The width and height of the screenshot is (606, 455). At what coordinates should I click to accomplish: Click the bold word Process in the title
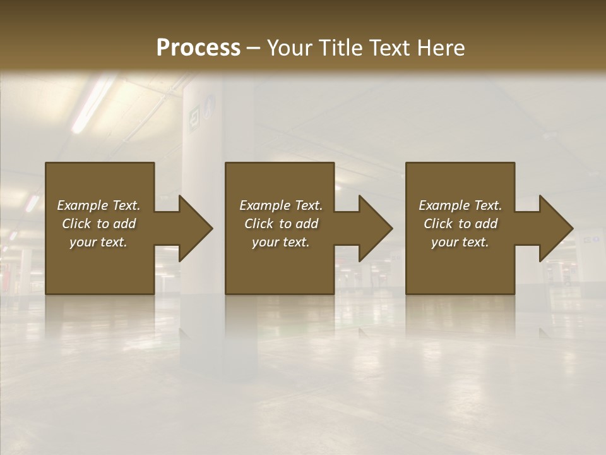point(198,47)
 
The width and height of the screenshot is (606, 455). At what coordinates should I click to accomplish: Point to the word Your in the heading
point(290,48)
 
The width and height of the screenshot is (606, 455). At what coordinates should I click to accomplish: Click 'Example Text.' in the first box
point(99,205)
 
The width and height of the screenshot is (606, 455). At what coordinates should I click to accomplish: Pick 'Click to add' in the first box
point(99,224)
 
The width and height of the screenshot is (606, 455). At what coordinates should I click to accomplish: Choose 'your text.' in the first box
point(99,242)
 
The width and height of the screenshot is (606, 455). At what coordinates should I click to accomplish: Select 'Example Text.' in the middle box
point(281,205)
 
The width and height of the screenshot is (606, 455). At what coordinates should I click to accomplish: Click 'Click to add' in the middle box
point(281,224)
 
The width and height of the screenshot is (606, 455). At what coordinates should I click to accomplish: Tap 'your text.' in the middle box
point(281,242)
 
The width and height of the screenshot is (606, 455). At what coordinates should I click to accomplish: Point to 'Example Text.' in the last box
point(460,205)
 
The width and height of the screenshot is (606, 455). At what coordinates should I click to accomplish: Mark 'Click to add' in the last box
point(460,224)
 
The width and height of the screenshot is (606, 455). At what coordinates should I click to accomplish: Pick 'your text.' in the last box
point(460,242)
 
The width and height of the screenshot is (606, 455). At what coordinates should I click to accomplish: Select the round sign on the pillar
point(210,104)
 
